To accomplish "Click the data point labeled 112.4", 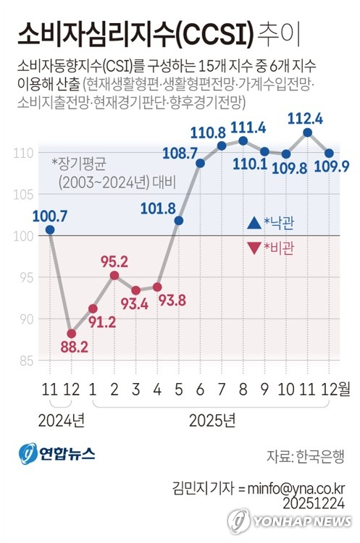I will click(x=308, y=132).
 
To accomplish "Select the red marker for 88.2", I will click(x=71, y=334).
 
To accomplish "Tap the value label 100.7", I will click(x=49, y=214).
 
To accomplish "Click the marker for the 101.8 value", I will click(x=179, y=220).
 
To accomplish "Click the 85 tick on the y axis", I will click(x=25, y=361).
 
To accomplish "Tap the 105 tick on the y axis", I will click(x=23, y=194).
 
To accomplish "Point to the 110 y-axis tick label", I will click(x=23, y=153).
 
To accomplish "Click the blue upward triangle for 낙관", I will click(x=253, y=222).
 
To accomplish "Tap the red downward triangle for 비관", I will click(x=253, y=248).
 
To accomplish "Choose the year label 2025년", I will click(x=212, y=419).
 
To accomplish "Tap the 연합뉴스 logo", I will click(x=56, y=454).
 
